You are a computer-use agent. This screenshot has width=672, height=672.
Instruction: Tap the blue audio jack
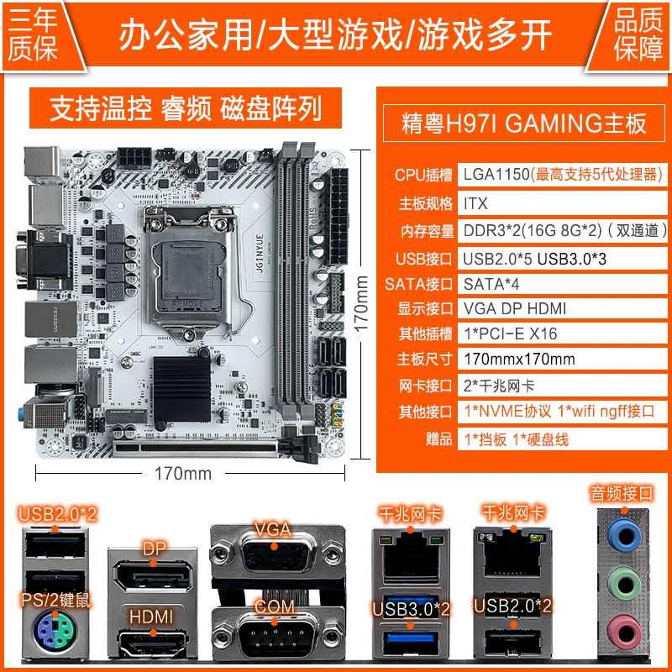click(x=624, y=535)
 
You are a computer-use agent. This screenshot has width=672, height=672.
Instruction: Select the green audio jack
click(x=624, y=583)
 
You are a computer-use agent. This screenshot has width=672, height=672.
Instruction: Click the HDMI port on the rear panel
click(x=153, y=642)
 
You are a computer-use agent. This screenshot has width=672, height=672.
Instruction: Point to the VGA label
click(x=273, y=529)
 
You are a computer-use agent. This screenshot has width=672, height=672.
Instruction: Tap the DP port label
click(x=155, y=549)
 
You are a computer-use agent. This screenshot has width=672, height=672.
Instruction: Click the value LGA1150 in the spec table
click(x=496, y=175)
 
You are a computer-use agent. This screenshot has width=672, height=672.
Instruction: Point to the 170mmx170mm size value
click(x=519, y=359)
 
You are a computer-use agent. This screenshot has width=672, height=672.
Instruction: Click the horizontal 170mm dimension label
click(x=183, y=474)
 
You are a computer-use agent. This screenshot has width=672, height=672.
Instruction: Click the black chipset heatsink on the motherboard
click(x=182, y=389)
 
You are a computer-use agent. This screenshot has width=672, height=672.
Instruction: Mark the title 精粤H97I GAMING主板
click(x=523, y=123)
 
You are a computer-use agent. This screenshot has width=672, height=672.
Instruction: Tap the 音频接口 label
click(x=622, y=493)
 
